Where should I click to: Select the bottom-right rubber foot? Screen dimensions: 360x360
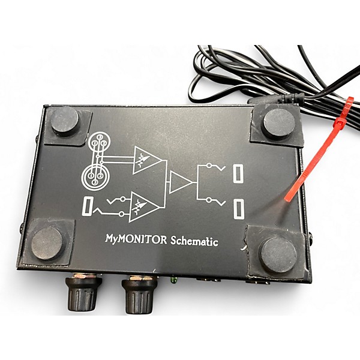pos(278,254)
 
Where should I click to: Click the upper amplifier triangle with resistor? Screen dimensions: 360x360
pos(147,161)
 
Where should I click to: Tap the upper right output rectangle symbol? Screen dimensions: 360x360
pos(239,173)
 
